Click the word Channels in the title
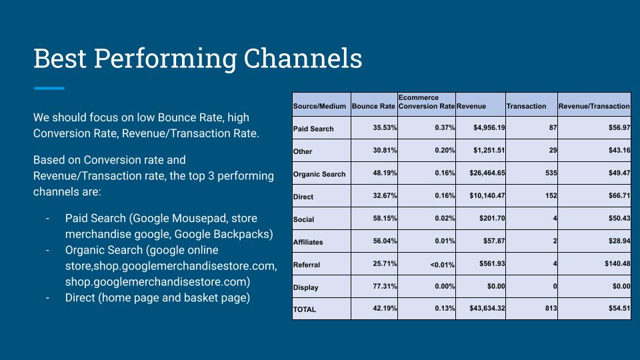coord(303,58)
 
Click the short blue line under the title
coord(49,88)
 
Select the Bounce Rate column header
coord(373,106)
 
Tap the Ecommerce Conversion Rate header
coord(427,101)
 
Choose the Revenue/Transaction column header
coord(594,106)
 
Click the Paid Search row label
coord(313,129)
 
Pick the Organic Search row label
coord(319,174)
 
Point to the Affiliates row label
coord(308,242)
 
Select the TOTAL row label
coord(305,309)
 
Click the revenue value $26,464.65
coord(487,173)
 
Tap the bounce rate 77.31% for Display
coord(385,286)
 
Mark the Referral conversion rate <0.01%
coord(443,265)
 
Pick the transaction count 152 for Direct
coord(551,195)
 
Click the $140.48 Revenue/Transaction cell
coord(617,264)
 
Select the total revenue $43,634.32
coord(487,308)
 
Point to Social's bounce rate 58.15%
coord(385,219)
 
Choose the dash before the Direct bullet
coord(48,298)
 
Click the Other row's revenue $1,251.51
coord(489,150)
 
